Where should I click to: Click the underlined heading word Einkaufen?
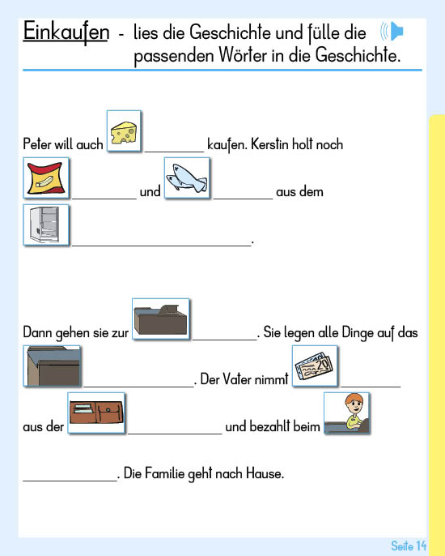[x=66, y=32]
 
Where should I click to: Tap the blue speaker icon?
[x=392, y=31]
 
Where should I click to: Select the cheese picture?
[x=124, y=131]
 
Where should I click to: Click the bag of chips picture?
[x=46, y=178]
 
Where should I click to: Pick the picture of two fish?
[x=187, y=178]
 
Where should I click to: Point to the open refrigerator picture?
[x=46, y=225]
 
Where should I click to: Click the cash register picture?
[x=161, y=319]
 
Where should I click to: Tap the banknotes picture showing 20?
[x=315, y=366]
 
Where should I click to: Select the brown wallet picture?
[x=96, y=413]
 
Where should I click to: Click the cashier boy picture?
[x=347, y=413]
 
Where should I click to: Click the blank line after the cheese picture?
[x=174, y=152]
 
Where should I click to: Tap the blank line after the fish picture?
[x=243, y=199]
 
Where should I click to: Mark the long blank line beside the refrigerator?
[x=162, y=246]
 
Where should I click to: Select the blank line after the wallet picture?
[x=175, y=434]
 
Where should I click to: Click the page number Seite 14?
[x=409, y=545]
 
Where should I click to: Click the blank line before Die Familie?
[x=70, y=481]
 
